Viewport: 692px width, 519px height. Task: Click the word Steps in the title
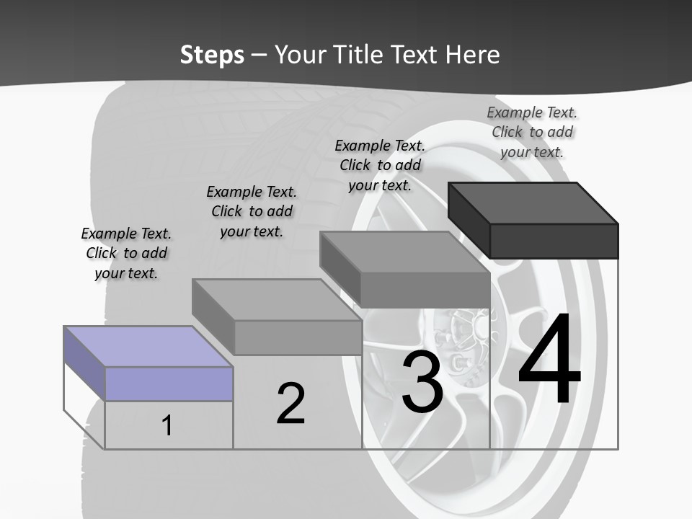pos(212,55)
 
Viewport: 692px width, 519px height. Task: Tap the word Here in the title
pos(474,55)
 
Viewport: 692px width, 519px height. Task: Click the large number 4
pos(549,360)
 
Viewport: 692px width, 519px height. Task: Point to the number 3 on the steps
pos(422,382)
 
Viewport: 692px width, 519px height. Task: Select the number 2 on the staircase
pos(290,404)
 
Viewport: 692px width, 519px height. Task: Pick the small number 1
pos(167,425)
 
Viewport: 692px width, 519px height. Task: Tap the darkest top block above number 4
pos(533,203)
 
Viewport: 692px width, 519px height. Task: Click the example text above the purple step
pos(126,253)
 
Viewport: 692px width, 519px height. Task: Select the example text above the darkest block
pos(532,132)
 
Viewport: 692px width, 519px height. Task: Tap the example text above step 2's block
pos(252,211)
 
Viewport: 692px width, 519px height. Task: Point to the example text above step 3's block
pos(380,165)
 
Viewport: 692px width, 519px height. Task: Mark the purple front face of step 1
pos(169,383)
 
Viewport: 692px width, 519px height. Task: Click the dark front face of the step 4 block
pos(554,241)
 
